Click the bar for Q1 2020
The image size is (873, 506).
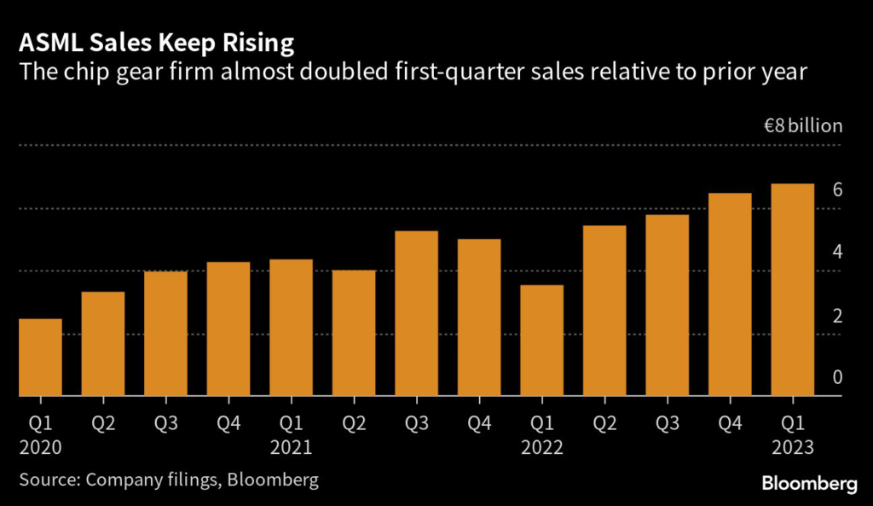tap(40, 358)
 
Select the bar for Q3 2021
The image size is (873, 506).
tap(416, 314)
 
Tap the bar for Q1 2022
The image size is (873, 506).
tap(541, 340)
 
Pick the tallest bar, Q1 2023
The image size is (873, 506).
tap(792, 290)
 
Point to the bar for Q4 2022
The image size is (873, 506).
tap(730, 294)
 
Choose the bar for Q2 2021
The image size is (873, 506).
tap(354, 334)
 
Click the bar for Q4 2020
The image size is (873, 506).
tap(228, 329)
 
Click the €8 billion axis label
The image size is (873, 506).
tap(802, 126)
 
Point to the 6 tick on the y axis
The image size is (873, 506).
tap(838, 189)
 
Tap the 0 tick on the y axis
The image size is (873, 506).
tap(838, 378)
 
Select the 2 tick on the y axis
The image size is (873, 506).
tap(838, 316)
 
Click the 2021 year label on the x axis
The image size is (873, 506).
tap(291, 446)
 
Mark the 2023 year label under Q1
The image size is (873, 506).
tap(792, 446)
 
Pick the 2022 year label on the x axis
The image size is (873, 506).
tap(541, 446)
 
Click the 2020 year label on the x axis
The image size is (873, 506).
tap(40, 446)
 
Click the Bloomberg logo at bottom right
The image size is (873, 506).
tap(808, 484)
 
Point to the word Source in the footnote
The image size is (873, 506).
tap(47, 480)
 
